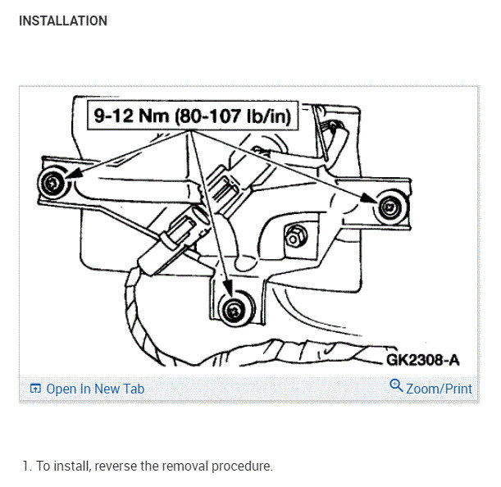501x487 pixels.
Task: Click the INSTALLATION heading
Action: point(62,20)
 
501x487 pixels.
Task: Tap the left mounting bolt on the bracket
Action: point(53,184)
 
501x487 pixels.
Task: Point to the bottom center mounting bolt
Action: point(233,309)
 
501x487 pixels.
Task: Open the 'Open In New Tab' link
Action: point(95,389)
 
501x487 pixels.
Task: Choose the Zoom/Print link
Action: point(439,389)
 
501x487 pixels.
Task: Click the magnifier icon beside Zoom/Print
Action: point(396,386)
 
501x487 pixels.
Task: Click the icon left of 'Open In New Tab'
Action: point(35,389)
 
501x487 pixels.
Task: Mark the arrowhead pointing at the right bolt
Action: point(371,198)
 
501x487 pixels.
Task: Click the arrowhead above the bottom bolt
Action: point(228,292)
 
